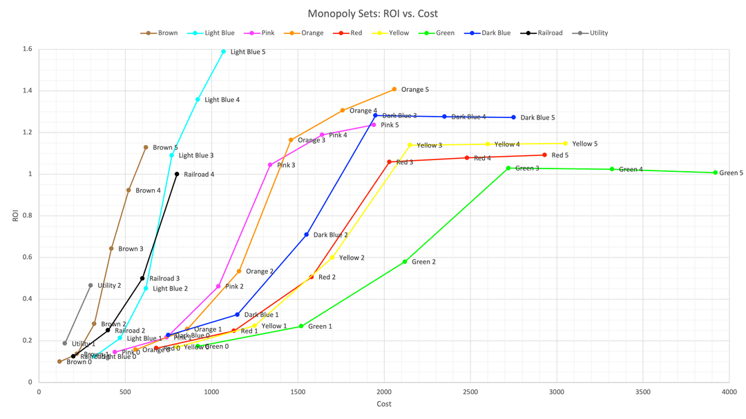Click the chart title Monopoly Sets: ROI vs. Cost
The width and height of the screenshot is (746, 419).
(373, 13)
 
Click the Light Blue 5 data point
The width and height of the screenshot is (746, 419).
(223, 52)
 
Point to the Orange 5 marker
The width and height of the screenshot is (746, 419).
(394, 89)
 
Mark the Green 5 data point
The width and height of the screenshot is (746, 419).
(715, 173)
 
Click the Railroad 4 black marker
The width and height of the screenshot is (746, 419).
(177, 174)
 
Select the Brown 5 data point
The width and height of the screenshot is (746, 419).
(146, 147)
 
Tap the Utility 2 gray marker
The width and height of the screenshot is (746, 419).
(90, 285)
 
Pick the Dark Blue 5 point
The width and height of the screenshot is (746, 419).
(513, 117)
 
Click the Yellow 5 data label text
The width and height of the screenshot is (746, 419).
(584, 144)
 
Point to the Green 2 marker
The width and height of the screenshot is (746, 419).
(405, 262)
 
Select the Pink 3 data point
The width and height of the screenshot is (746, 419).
(270, 165)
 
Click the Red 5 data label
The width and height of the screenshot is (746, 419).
(560, 155)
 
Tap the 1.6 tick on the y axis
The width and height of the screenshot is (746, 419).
(27, 49)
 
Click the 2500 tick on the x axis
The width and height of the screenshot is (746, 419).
(470, 391)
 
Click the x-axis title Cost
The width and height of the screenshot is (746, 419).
(383, 404)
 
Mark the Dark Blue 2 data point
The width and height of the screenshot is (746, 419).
(307, 235)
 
